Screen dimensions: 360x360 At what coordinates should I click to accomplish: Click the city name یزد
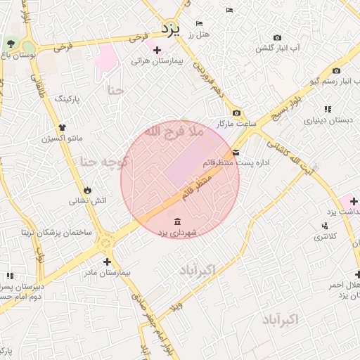171,29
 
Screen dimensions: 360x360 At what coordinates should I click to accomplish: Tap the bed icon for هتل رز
199,24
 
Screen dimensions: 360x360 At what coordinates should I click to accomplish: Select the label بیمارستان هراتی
157,61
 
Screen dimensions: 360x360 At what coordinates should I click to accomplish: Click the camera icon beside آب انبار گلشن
277,37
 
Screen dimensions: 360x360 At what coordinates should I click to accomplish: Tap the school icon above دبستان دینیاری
328,109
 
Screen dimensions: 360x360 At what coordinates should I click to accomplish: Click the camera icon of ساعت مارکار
236,112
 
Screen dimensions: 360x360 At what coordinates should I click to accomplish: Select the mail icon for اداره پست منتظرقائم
236,152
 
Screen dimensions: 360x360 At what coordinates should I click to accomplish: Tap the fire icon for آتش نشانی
87,190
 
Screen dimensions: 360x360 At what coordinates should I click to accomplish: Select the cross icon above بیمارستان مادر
107,262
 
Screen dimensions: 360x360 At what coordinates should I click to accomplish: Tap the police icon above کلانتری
324,226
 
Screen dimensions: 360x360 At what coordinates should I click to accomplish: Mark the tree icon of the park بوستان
10,44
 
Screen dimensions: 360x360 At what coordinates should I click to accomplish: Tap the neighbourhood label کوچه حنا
103,162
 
